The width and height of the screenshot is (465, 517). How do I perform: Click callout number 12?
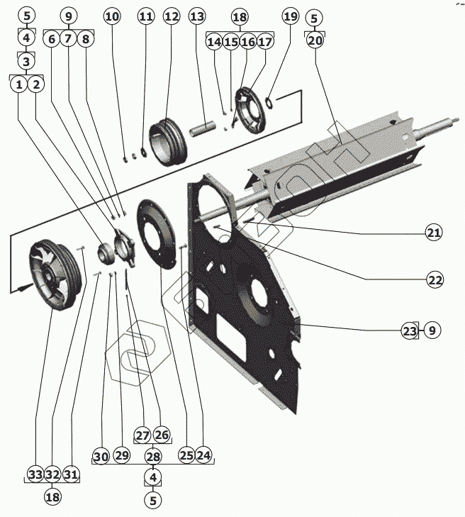(x=172, y=16)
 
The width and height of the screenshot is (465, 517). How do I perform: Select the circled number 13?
(x=197, y=16)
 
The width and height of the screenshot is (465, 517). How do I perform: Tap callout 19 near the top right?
(x=290, y=16)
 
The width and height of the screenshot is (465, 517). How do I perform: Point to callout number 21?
(x=434, y=233)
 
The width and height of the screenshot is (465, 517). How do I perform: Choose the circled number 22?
(x=434, y=280)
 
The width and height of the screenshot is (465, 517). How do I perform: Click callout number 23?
(x=409, y=330)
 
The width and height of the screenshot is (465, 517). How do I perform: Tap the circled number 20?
(x=315, y=40)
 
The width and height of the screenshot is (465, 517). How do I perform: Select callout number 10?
(x=112, y=16)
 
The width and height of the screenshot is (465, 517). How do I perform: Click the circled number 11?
(x=145, y=16)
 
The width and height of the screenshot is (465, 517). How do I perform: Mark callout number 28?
(x=153, y=455)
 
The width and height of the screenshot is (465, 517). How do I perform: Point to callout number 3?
(x=26, y=61)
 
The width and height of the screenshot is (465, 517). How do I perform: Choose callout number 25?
(x=186, y=455)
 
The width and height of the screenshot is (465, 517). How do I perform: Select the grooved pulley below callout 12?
(x=169, y=143)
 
